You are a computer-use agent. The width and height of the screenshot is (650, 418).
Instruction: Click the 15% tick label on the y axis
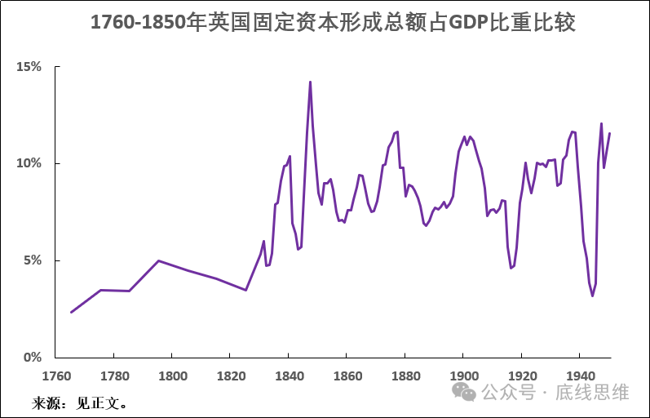click(x=29, y=67)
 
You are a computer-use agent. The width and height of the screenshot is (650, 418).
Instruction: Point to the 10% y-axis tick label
click(x=29, y=163)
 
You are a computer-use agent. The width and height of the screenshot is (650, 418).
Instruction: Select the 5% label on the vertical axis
click(x=33, y=260)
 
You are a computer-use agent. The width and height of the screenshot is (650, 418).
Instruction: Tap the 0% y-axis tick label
click(x=33, y=358)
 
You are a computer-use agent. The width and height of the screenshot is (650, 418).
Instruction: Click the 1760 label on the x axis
click(x=55, y=376)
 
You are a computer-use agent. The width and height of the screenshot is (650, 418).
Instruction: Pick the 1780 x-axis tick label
click(x=113, y=376)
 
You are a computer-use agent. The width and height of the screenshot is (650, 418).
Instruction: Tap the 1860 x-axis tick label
click(x=346, y=376)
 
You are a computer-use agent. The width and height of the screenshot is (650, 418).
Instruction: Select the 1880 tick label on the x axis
click(x=405, y=376)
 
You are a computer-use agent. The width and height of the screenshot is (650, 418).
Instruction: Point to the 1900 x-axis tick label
click(x=462, y=376)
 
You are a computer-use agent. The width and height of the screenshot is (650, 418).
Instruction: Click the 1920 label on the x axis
click(x=520, y=376)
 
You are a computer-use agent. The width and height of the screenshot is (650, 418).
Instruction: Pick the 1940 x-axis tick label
click(x=579, y=376)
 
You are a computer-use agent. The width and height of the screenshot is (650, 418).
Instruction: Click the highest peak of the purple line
click(x=310, y=82)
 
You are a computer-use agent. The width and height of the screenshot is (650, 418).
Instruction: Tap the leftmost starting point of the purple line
click(x=71, y=312)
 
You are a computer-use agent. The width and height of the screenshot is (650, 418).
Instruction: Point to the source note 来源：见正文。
click(x=80, y=402)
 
